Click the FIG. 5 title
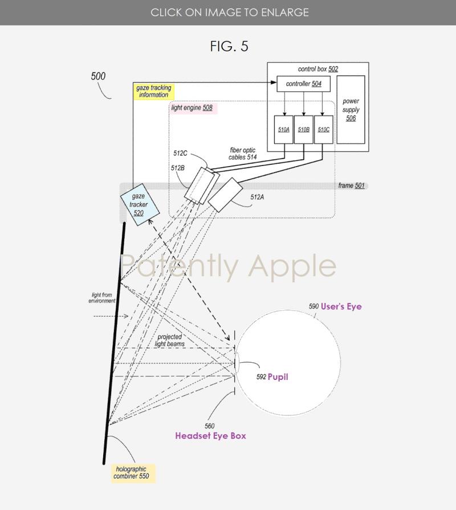tap(229, 46)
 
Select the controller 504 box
tap(303, 84)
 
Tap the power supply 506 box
tap(351, 110)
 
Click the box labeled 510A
tap(284, 129)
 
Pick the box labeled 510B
tap(303, 129)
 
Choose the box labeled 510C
tap(323, 129)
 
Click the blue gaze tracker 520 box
tap(139, 204)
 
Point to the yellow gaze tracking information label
tap(153, 91)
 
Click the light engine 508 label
tap(192, 107)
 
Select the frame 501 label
tap(351, 186)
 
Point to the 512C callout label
tap(181, 153)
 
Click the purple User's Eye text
tap(341, 306)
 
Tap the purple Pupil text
tap(278, 377)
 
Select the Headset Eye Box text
tap(210, 435)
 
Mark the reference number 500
tap(98, 76)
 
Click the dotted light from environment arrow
tap(103, 315)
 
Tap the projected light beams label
tap(169, 341)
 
